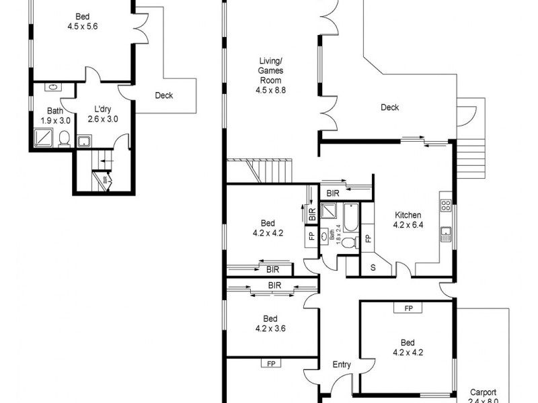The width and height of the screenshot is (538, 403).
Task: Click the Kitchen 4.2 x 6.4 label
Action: tap(408, 220)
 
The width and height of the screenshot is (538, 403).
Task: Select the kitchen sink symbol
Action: tap(446, 234)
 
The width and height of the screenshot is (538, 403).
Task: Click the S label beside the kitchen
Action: tap(374, 267)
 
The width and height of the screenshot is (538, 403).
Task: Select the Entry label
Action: tap(342, 365)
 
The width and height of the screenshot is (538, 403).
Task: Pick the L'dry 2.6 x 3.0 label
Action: tap(103, 115)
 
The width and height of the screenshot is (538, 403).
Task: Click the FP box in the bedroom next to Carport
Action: tap(408, 308)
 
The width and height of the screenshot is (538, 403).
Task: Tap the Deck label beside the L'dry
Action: tap(163, 95)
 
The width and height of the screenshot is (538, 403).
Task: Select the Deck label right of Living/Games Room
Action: tap(389, 107)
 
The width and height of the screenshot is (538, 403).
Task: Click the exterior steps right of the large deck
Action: tap(475, 157)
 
